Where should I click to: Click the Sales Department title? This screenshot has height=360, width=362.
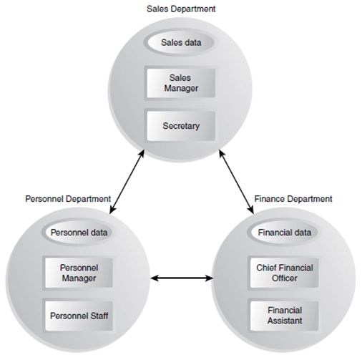181,9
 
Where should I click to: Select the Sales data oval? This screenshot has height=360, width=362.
180,42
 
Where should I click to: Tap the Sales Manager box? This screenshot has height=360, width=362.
180,83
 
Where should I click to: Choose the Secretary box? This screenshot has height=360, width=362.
180,126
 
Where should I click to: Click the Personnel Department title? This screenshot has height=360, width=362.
68,199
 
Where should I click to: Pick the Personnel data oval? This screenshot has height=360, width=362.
79,233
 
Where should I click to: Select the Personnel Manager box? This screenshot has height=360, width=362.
79,273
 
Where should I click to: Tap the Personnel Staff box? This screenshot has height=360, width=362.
79,316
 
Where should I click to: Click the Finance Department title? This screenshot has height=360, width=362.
293,199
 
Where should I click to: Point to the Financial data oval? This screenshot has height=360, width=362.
284,233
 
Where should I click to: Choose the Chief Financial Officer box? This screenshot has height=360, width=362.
284,273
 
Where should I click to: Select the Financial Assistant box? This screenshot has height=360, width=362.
284,316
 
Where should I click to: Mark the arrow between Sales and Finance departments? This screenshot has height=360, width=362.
236,182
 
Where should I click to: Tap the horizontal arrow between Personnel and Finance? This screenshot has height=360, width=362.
182,278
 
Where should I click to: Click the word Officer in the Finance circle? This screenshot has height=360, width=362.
284,278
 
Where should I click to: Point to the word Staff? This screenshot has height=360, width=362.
99,316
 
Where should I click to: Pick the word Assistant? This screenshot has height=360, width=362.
285,321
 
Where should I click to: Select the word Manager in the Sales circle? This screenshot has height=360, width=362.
181,89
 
